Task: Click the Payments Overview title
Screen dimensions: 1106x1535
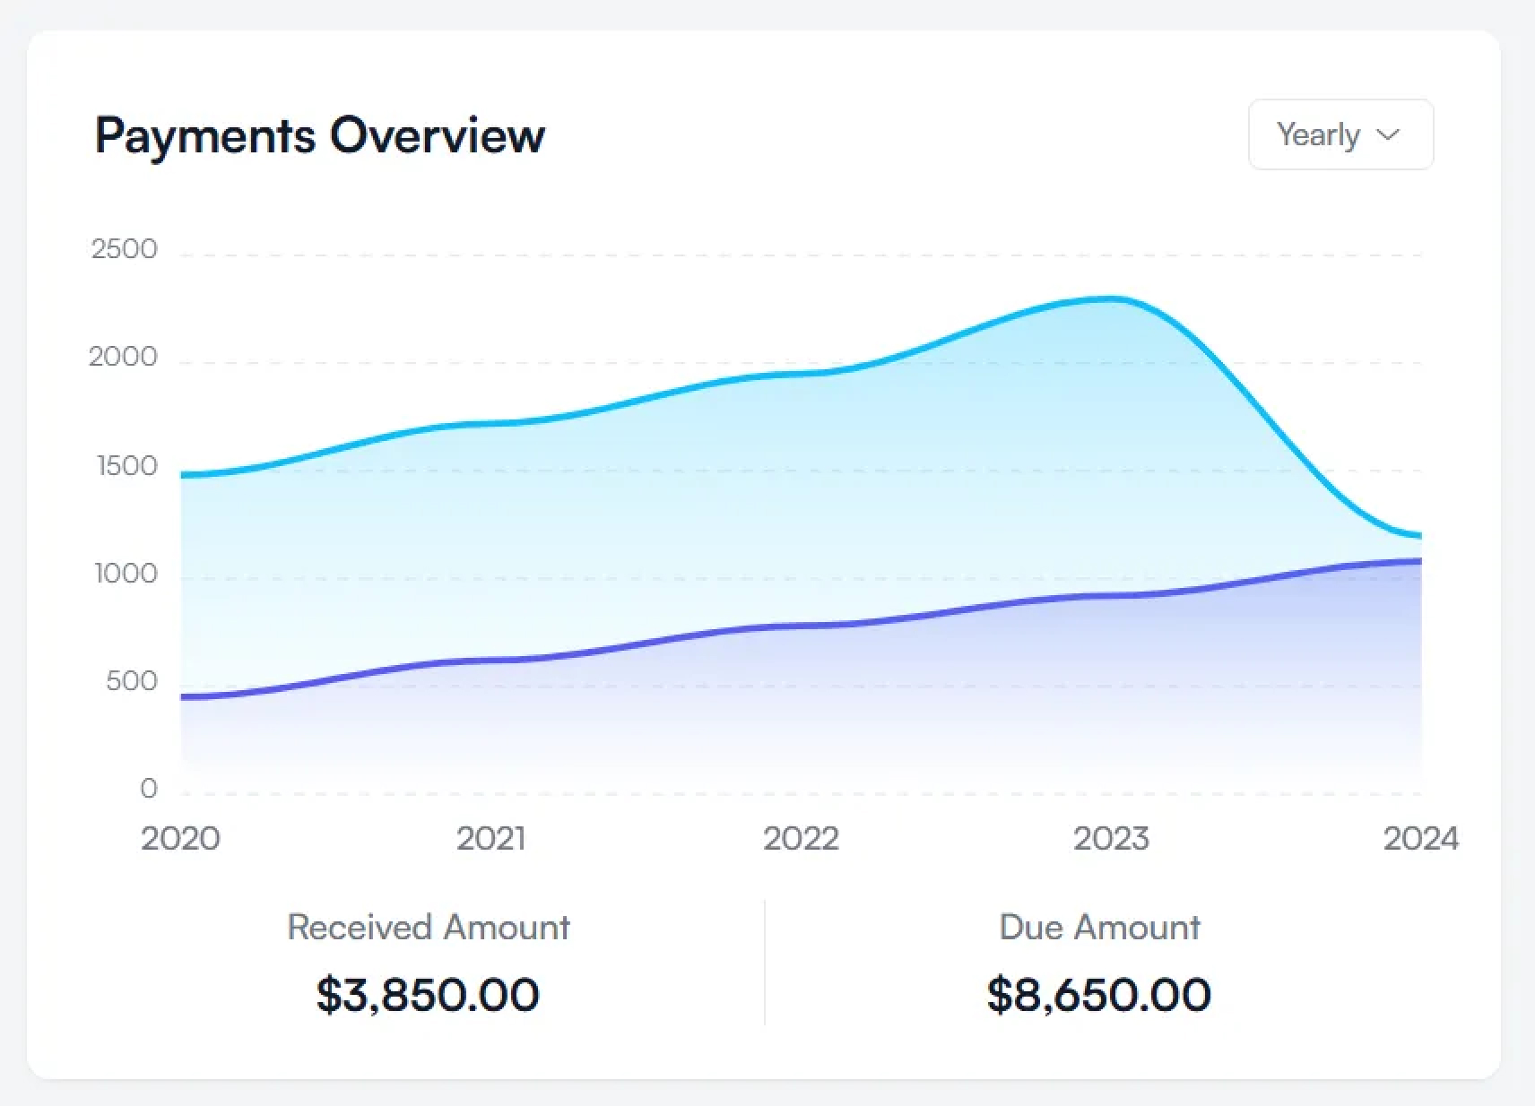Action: click(319, 135)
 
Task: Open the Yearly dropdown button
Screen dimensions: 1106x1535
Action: click(1340, 134)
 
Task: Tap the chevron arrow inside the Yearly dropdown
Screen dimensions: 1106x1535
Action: click(1388, 134)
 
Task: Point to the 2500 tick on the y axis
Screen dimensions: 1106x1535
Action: click(124, 249)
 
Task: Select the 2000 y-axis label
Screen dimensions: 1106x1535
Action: click(123, 358)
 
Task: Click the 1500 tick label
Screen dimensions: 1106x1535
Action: click(126, 466)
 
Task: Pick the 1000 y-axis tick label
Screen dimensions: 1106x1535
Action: click(126, 574)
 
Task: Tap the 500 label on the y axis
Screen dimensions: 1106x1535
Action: click(131, 681)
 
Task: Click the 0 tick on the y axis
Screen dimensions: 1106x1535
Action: click(148, 789)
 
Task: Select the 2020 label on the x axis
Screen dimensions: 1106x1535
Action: click(180, 839)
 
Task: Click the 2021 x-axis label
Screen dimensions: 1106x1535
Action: click(490, 839)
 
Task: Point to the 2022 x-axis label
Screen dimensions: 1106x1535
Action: click(801, 839)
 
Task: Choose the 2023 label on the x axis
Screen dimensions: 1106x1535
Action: click(1111, 839)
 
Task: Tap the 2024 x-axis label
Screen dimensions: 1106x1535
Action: click(1420, 839)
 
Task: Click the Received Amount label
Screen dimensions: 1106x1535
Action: click(429, 927)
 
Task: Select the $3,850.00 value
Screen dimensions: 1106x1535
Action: click(428, 995)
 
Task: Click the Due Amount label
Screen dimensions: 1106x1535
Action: click(1099, 927)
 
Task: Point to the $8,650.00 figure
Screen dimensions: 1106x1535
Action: click(1098, 995)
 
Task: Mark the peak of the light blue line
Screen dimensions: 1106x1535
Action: click(1111, 299)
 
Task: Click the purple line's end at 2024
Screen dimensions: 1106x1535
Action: click(1419, 562)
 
